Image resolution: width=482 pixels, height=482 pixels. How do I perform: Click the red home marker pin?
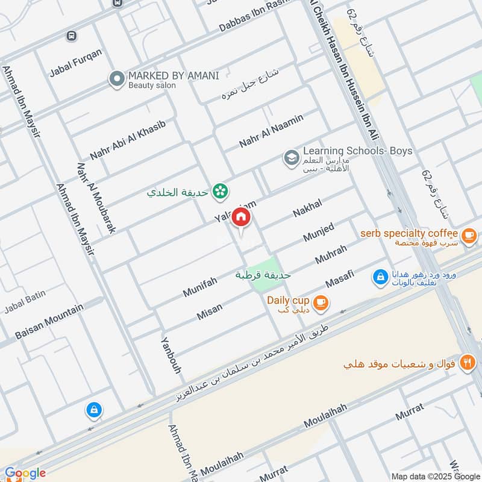click(241, 218)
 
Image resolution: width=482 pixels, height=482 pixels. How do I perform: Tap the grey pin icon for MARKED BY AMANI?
click(116, 79)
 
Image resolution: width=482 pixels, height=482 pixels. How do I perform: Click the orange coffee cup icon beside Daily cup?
click(321, 302)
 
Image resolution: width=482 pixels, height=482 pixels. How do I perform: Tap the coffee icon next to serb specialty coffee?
click(470, 235)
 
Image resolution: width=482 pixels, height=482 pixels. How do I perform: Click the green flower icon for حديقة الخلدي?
click(221, 192)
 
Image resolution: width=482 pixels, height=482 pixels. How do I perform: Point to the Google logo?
click(25, 473)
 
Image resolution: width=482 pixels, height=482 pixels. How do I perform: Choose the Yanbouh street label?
click(171, 355)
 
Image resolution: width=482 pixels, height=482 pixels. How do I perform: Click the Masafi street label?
click(340, 278)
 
